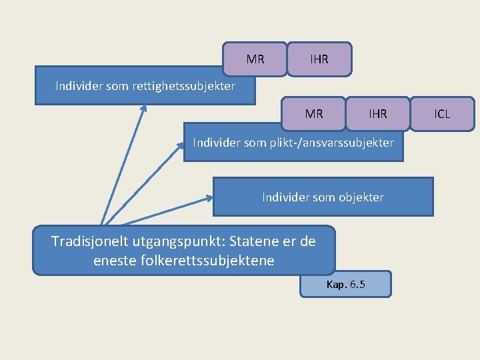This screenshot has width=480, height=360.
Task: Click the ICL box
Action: pos(442,114)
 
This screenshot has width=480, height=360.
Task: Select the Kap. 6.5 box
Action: pos(345,285)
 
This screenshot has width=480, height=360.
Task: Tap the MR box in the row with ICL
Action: pos(314,114)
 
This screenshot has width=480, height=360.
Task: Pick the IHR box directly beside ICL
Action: pos(378,114)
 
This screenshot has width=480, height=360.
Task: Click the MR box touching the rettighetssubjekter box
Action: pos(255,59)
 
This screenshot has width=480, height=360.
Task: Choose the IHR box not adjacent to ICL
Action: pos(319,59)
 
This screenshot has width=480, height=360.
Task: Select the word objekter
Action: pos(361,197)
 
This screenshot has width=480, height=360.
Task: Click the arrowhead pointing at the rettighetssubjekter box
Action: pos(144,108)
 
